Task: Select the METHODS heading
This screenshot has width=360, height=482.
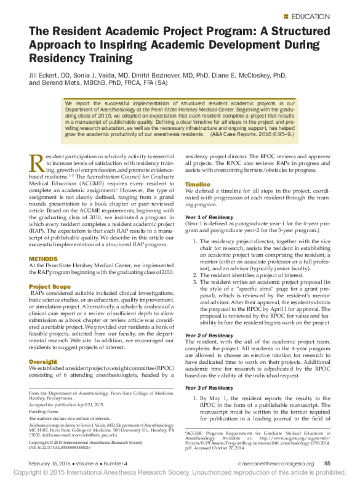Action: pyautogui.click(x=43, y=259)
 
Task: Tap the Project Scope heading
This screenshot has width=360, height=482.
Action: pyautogui.click(x=50, y=287)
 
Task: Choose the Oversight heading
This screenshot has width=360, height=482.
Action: pyautogui.click(x=43, y=361)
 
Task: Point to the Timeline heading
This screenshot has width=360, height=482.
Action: pyautogui.click(x=198, y=184)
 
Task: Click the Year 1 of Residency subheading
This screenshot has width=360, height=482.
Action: pyautogui.click(x=210, y=218)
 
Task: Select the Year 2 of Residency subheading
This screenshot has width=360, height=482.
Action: pyautogui.click(x=210, y=335)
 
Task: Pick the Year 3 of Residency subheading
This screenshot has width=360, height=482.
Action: pyautogui.click(x=210, y=388)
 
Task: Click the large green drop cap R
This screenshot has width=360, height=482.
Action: pyautogui.click(x=37, y=164)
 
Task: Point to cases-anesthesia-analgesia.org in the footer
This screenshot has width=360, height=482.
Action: pyautogui.click(x=276, y=463)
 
